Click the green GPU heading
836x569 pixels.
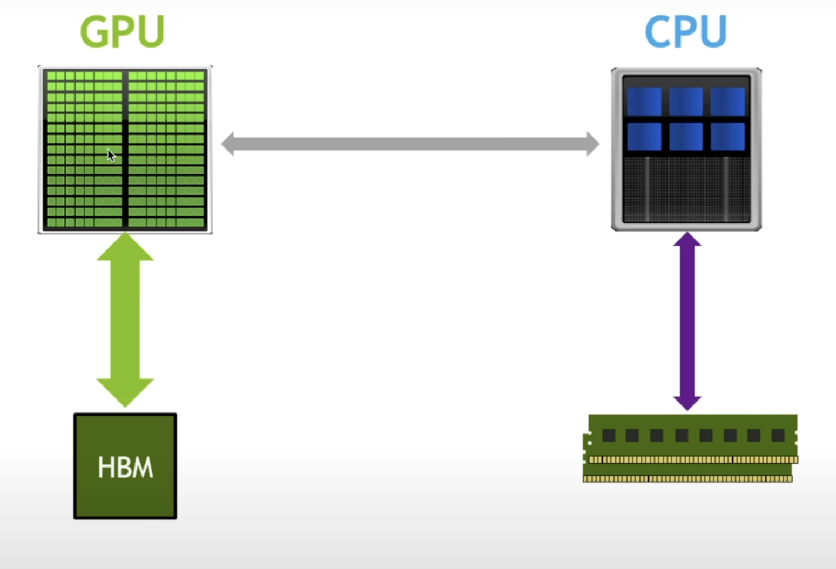coord(122,32)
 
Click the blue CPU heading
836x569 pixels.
coord(686,32)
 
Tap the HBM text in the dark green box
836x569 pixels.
coord(125,467)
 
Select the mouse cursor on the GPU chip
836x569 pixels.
coord(111,155)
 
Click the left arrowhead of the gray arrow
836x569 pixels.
coord(228,144)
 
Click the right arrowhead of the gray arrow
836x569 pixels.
coord(592,144)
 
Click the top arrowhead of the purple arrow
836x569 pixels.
coord(687,240)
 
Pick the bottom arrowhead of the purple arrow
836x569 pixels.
coord(687,402)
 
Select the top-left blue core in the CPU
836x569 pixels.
coord(644,101)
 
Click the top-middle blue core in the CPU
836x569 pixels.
coord(686,101)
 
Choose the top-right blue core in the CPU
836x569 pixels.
coord(727,101)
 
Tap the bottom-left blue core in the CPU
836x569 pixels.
coord(644,136)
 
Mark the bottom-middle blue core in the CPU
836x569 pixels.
coord(686,136)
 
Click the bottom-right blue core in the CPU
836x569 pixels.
coord(727,136)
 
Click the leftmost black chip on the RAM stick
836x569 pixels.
coord(609,435)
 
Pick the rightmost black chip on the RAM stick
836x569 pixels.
coord(778,435)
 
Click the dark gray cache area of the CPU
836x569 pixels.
coord(686,189)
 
